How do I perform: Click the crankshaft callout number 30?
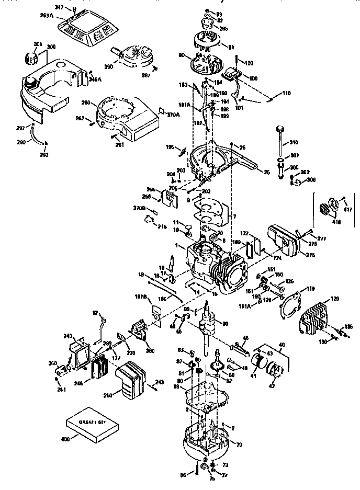click(x=226, y=324)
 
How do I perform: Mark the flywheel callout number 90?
click(x=183, y=54)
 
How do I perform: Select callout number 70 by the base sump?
click(x=240, y=445)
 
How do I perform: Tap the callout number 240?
click(x=67, y=336)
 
